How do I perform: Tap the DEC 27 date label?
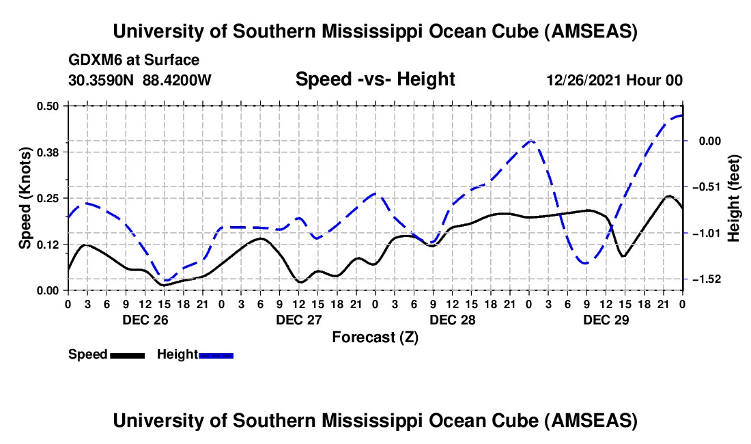coord(297,320)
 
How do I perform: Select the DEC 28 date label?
coord(451,320)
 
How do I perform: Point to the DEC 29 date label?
coord(605,320)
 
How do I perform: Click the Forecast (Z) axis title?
coord(375,337)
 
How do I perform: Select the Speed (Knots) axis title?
coord(25,197)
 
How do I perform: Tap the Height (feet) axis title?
coord(734,197)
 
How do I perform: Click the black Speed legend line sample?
coord(127,355)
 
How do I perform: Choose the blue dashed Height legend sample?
coord(216,355)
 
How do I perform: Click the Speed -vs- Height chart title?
coord(375,79)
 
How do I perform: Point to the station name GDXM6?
coord(93,60)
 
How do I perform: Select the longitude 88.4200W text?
coord(178,81)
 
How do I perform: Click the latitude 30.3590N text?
coord(102,81)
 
